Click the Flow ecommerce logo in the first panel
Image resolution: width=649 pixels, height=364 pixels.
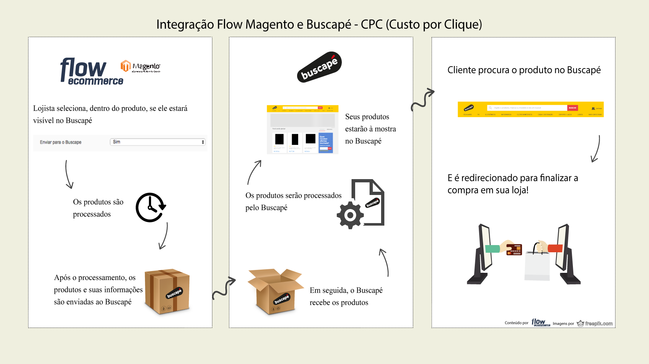92,71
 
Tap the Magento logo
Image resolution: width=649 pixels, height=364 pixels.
140,66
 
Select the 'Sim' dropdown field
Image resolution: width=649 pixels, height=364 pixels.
158,142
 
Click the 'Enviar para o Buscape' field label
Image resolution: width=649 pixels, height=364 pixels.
61,142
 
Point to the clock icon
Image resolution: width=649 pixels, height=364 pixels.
150,208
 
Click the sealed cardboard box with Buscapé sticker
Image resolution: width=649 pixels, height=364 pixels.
167,291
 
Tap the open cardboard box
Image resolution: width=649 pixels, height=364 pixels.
275,291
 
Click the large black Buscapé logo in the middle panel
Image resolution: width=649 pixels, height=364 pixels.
319,67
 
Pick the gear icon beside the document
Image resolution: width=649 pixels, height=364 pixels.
350,215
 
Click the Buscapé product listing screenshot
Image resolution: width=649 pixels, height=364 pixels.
303,130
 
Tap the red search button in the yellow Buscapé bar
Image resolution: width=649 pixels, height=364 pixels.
572,108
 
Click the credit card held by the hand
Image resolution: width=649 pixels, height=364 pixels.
514,249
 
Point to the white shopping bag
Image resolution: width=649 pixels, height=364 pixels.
537,265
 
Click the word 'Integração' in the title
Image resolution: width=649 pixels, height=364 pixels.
185,25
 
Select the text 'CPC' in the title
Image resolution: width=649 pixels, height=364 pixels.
371,25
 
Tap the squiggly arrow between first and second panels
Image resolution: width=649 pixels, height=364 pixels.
224,288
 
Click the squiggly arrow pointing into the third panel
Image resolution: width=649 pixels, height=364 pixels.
423,99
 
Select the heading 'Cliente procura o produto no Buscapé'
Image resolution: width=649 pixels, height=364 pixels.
524,70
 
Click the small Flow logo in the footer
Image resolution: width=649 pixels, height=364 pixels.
540,323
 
